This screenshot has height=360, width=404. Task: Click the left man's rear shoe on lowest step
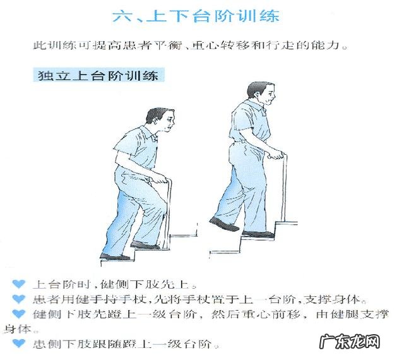(x=114, y=256)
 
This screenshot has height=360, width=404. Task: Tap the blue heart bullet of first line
(x=20, y=284)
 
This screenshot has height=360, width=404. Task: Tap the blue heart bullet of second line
(x=20, y=299)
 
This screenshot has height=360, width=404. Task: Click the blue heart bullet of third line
(x=20, y=314)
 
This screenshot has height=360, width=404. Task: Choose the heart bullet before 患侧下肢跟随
(x=20, y=344)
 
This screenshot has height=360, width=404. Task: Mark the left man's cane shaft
(x=166, y=215)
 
